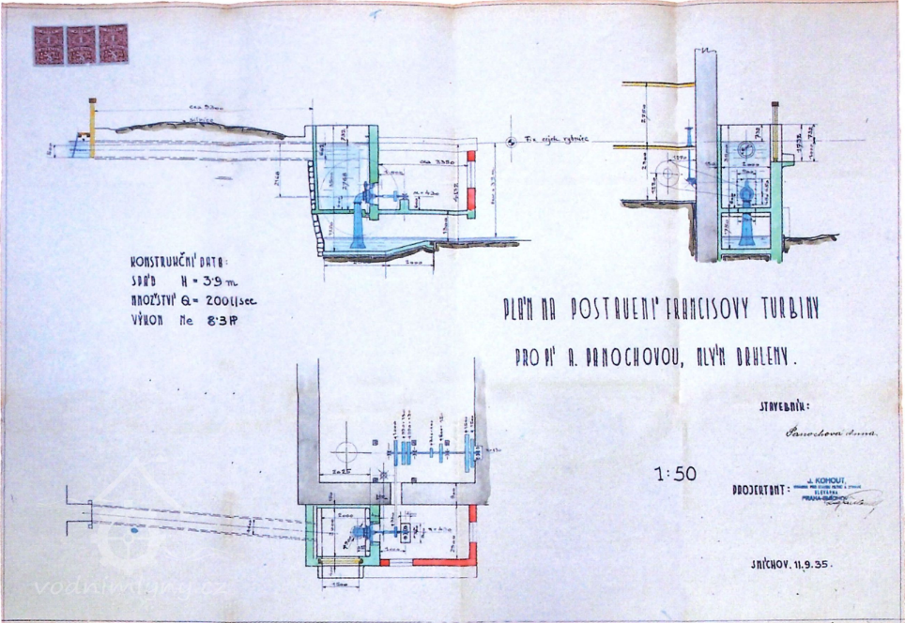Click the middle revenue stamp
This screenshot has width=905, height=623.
(x=81, y=44)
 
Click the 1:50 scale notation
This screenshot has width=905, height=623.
(x=675, y=474)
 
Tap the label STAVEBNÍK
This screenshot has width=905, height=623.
(x=784, y=407)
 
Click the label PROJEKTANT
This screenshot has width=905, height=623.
(x=757, y=491)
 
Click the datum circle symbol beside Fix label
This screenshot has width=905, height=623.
(x=510, y=142)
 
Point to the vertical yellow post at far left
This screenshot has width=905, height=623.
(x=92, y=128)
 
